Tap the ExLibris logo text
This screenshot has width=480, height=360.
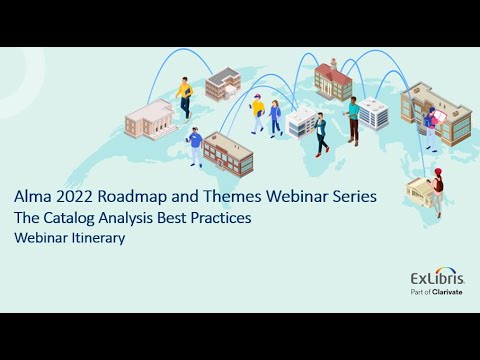click(x=435, y=277)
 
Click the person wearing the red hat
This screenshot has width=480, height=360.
click(x=437, y=193)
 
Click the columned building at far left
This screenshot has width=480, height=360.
click(x=150, y=120)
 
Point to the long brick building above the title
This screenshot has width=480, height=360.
click(x=228, y=153)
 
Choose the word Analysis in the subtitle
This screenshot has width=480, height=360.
click(x=166, y=218)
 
